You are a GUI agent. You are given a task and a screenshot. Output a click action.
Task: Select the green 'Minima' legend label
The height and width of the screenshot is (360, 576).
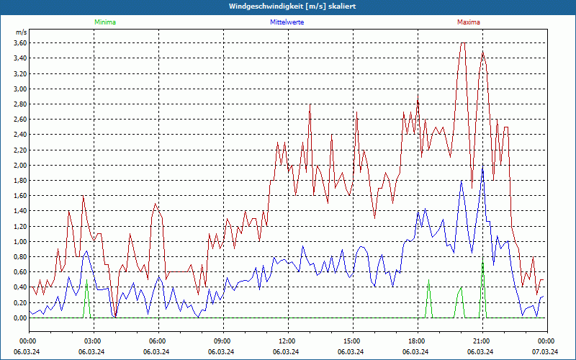pyautogui.click(x=104, y=22)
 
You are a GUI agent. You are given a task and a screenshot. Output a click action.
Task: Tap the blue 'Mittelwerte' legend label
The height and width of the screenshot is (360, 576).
pyautogui.click(x=287, y=22)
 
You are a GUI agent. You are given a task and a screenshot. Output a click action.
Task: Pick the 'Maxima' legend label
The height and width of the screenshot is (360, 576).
pyautogui.click(x=468, y=22)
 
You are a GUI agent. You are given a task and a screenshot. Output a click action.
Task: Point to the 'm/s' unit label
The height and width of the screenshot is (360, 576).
pyautogui.click(x=21, y=32)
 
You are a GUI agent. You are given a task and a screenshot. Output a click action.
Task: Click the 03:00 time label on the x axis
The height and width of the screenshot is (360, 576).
pyautogui.click(x=92, y=341)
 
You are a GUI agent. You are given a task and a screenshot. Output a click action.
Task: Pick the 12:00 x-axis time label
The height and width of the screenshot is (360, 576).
pyautogui.click(x=287, y=341)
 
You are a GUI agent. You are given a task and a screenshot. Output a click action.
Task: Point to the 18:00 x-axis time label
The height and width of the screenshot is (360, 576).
pyautogui.click(x=416, y=341)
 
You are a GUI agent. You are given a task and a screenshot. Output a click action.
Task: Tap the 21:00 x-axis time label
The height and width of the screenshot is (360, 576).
pyautogui.click(x=481, y=341)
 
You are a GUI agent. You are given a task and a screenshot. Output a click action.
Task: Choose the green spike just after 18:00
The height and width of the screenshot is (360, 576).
pyautogui.click(x=429, y=283)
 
